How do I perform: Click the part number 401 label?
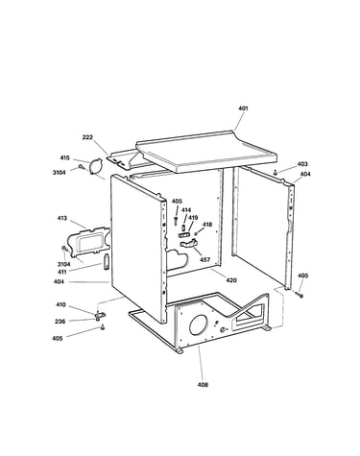[x=243, y=108]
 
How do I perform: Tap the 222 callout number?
[x=87, y=137]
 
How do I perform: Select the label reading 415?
[x=64, y=157]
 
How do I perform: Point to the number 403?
[x=302, y=164]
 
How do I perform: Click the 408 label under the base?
[x=203, y=385]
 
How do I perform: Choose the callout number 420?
[x=231, y=280]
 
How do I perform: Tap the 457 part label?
[x=204, y=259]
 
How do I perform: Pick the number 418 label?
[x=207, y=225]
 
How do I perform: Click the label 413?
[x=62, y=218]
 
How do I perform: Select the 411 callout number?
[x=62, y=272]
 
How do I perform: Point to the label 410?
[x=60, y=304]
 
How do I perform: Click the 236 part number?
[x=60, y=322]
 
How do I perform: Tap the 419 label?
[x=193, y=218]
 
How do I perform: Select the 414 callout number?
[x=186, y=210]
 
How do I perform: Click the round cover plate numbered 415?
[x=95, y=167]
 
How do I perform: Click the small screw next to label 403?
[x=275, y=172]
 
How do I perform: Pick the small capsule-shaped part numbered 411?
[x=106, y=261]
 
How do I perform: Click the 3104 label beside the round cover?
[x=59, y=173]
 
